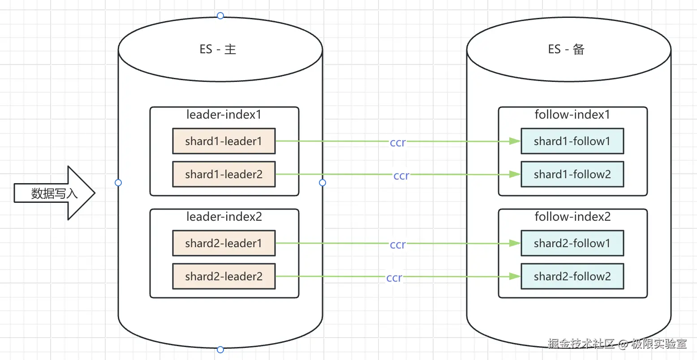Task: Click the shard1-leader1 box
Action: pyautogui.click(x=224, y=141)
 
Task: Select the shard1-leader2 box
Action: pyautogui.click(x=224, y=174)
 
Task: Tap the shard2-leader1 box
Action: pyautogui.click(x=224, y=243)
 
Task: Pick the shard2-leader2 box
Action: pyautogui.click(x=224, y=276)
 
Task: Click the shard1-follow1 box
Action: pyautogui.click(x=572, y=141)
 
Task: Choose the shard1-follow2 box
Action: pyautogui.click(x=572, y=174)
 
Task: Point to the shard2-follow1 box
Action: pyautogui.click(x=572, y=243)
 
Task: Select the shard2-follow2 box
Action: pyautogui.click(x=572, y=276)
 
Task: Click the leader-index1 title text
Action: pyautogui.click(x=224, y=115)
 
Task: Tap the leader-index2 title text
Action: pyautogui.click(x=224, y=217)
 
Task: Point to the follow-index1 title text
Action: pyautogui.click(x=572, y=115)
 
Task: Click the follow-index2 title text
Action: pyautogui.click(x=572, y=217)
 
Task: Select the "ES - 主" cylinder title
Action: pyautogui.click(x=218, y=49)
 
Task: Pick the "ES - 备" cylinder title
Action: pyautogui.click(x=566, y=49)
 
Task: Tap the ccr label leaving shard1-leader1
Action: pyautogui.click(x=398, y=142)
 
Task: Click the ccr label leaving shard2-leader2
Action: pyautogui.click(x=394, y=278)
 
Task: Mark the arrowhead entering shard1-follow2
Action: pyautogui.click(x=515, y=175)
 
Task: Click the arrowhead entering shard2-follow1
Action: pyautogui.click(x=515, y=244)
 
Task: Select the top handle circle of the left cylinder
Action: pyautogui.click(x=220, y=16)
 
